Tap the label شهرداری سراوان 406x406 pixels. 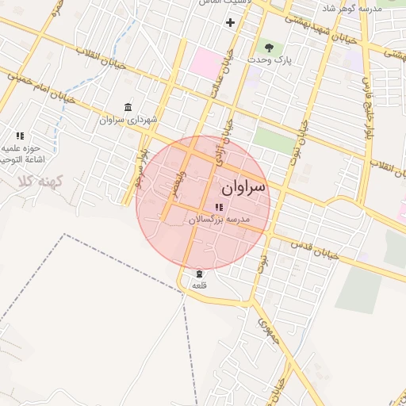[128, 120]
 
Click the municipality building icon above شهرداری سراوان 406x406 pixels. [128, 107]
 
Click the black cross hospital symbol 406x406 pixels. [231, 22]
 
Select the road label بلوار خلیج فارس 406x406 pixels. [368, 103]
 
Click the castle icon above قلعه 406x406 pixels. [198, 274]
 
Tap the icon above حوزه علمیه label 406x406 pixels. [20, 136]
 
